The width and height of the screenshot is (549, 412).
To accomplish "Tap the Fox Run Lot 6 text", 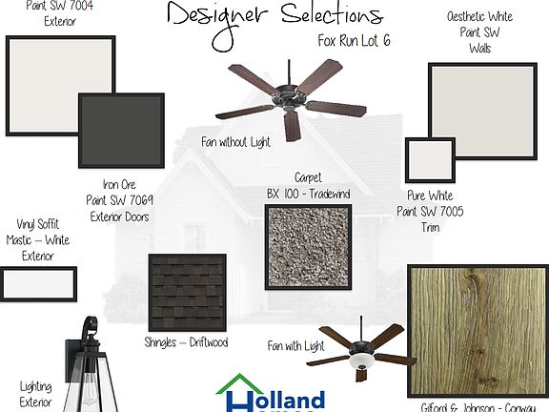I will tap(355, 41).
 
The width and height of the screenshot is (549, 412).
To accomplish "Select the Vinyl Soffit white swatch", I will tap(39, 284).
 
